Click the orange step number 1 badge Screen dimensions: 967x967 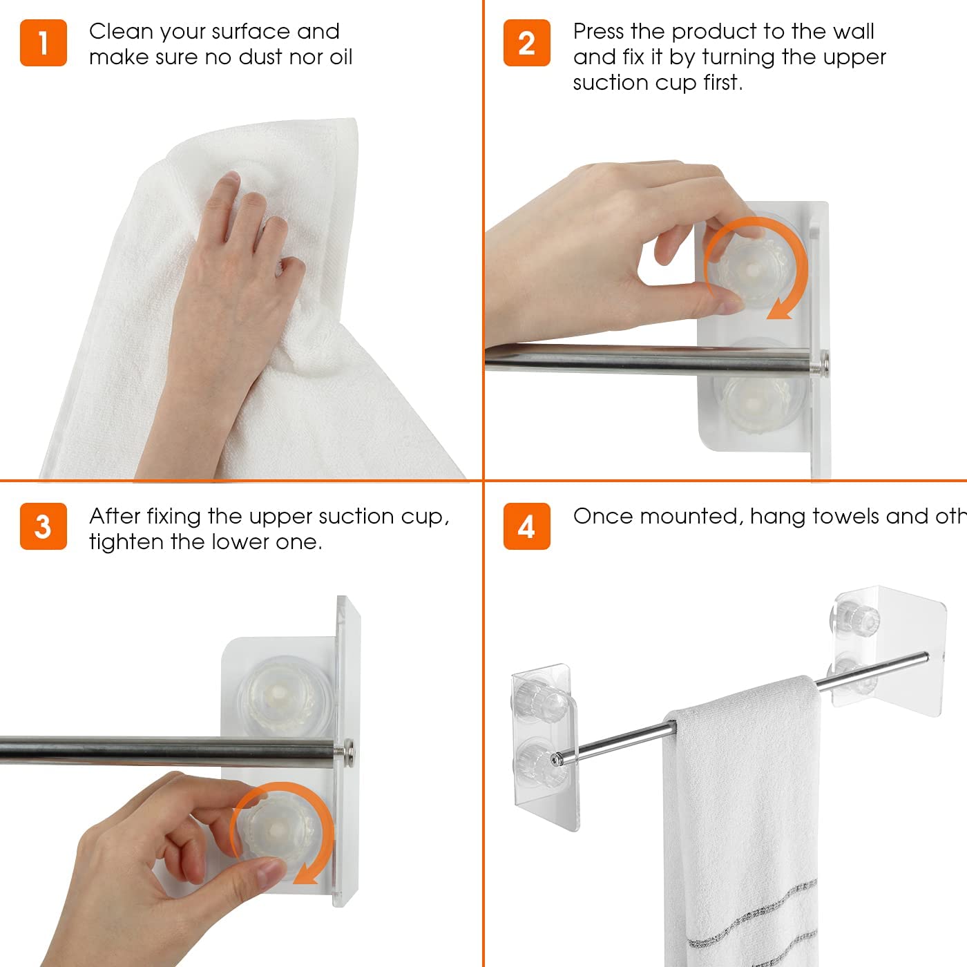click(x=44, y=43)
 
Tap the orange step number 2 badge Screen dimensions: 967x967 click(x=527, y=43)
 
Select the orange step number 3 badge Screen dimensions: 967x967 click(x=44, y=526)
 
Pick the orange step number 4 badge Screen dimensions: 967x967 click(x=527, y=526)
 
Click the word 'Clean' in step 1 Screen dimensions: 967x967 click(x=120, y=32)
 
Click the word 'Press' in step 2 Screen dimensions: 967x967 click(x=598, y=32)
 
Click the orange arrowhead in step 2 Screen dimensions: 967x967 click(x=779, y=310)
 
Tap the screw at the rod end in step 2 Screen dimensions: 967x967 click(x=823, y=361)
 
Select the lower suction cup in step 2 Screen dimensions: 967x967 click(x=756, y=403)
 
